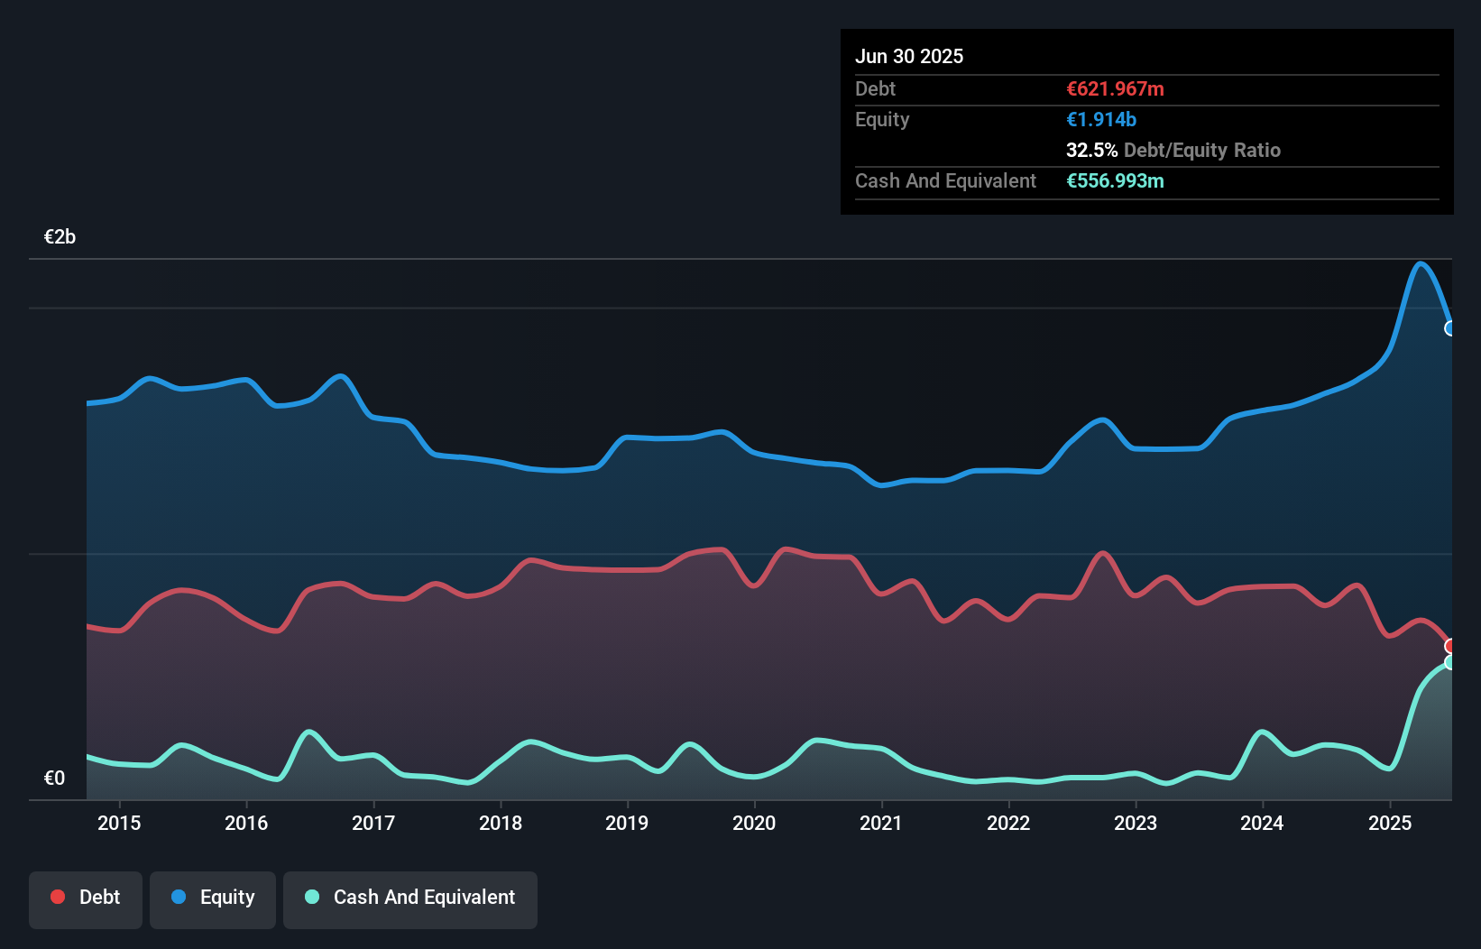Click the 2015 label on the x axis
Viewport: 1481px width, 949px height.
tap(119, 823)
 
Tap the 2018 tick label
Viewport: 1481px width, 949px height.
tap(501, 823)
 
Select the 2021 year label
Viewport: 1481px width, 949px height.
tap(881, 823)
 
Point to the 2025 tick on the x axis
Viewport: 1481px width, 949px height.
tap(1390, 823)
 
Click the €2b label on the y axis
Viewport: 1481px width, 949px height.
tap(60, 237)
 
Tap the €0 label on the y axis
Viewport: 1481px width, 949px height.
tap(54, 779)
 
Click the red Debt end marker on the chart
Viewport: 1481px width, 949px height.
tap(1450, 646)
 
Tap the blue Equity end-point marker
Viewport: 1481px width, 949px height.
tap(1450, 328)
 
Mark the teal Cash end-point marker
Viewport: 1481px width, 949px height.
tap(1450, 662)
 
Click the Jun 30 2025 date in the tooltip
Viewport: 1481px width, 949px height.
tap(909, 56)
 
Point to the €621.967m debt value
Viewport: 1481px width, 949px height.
tap(1115, 88)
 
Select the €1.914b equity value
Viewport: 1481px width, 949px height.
tap(1101, 119)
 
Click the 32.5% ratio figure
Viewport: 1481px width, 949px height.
tap(1091, 150)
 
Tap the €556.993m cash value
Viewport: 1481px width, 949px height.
tap(1115, 180)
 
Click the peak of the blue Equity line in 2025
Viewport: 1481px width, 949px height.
tap(1421, 263)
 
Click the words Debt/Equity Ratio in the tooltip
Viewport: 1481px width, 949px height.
tap(1202, 150)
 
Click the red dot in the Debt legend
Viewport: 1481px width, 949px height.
tap(58, 897)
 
